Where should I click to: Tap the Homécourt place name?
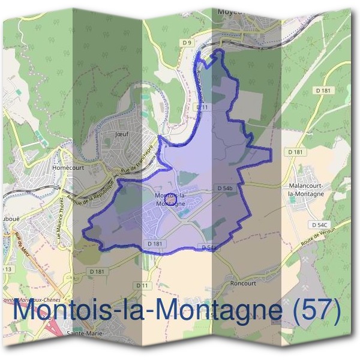67,169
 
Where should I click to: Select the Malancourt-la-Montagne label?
307,190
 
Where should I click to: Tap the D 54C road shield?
319,224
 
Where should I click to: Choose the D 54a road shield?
208,247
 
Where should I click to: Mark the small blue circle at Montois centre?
170,197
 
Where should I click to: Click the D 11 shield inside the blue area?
202,107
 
